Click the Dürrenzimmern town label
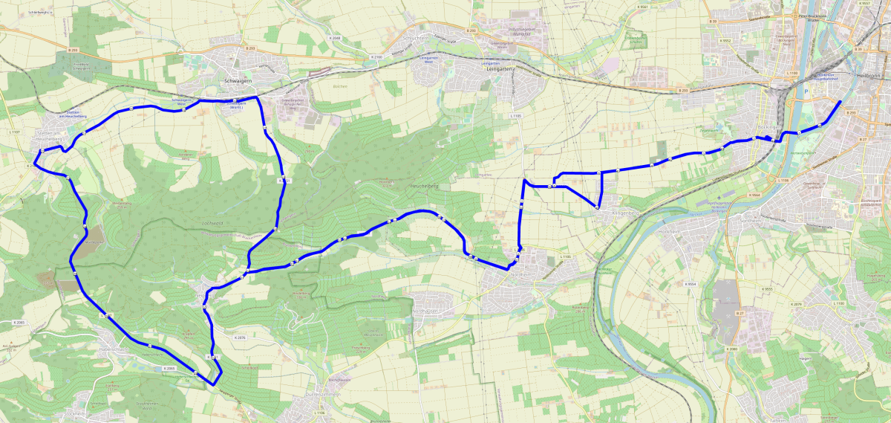click(323, 395)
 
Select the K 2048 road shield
click(335, 37)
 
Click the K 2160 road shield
click(376, 56)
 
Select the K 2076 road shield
click(240, 338)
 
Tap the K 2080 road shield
click(732, 349)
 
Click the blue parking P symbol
click(806, 93)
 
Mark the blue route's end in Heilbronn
click(840, 102)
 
